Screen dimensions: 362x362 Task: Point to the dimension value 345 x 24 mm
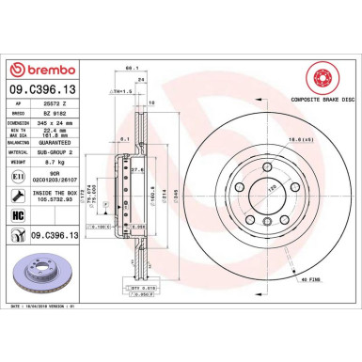pyautogui.click(x=54, y=122)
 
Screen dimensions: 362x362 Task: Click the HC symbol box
pyautogui.click(x=18, y=216)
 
